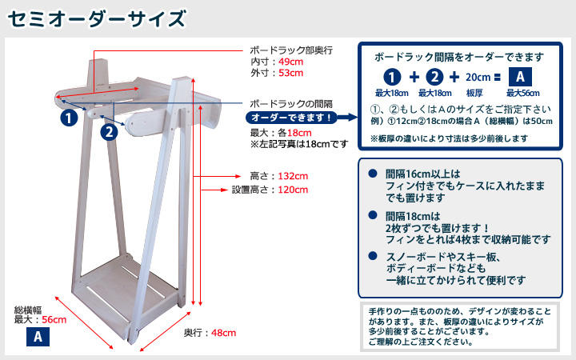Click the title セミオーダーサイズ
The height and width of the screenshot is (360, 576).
click(x=97, y=19)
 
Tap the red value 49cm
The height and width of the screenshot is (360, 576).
click(x=290, y=62)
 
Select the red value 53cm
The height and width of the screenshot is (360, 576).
click(x=290, y=73)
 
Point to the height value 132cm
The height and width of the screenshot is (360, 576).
click(x=293, y=176)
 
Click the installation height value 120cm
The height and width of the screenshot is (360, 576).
click(x=293, y=190)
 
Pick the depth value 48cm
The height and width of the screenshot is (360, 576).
click(x=224, y=333)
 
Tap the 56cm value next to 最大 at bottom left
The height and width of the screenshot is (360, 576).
click(x=54, y=320)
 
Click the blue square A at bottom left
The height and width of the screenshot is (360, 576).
click(x=38, y=337)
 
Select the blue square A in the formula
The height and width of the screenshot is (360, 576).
click(x=520, y=77)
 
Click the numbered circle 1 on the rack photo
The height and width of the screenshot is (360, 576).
click(x=69, y=118)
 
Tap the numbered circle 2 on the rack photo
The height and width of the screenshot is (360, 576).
click(x=109, y=131)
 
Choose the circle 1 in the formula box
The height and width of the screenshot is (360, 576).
click(x=392, y=77)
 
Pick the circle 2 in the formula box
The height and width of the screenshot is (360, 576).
click(x=434, y=77)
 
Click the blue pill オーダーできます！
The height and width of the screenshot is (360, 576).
click(x=291, y=118)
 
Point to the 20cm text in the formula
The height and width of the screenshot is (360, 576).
click(x=478, y=78)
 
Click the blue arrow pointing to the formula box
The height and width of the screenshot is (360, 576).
click(x=347, y=118)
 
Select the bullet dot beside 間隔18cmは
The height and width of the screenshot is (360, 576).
click(x=373, y=215)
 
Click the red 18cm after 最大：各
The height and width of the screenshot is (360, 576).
click(x=299, y=133)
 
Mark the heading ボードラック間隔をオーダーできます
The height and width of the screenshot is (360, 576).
click(x=459, y=58)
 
